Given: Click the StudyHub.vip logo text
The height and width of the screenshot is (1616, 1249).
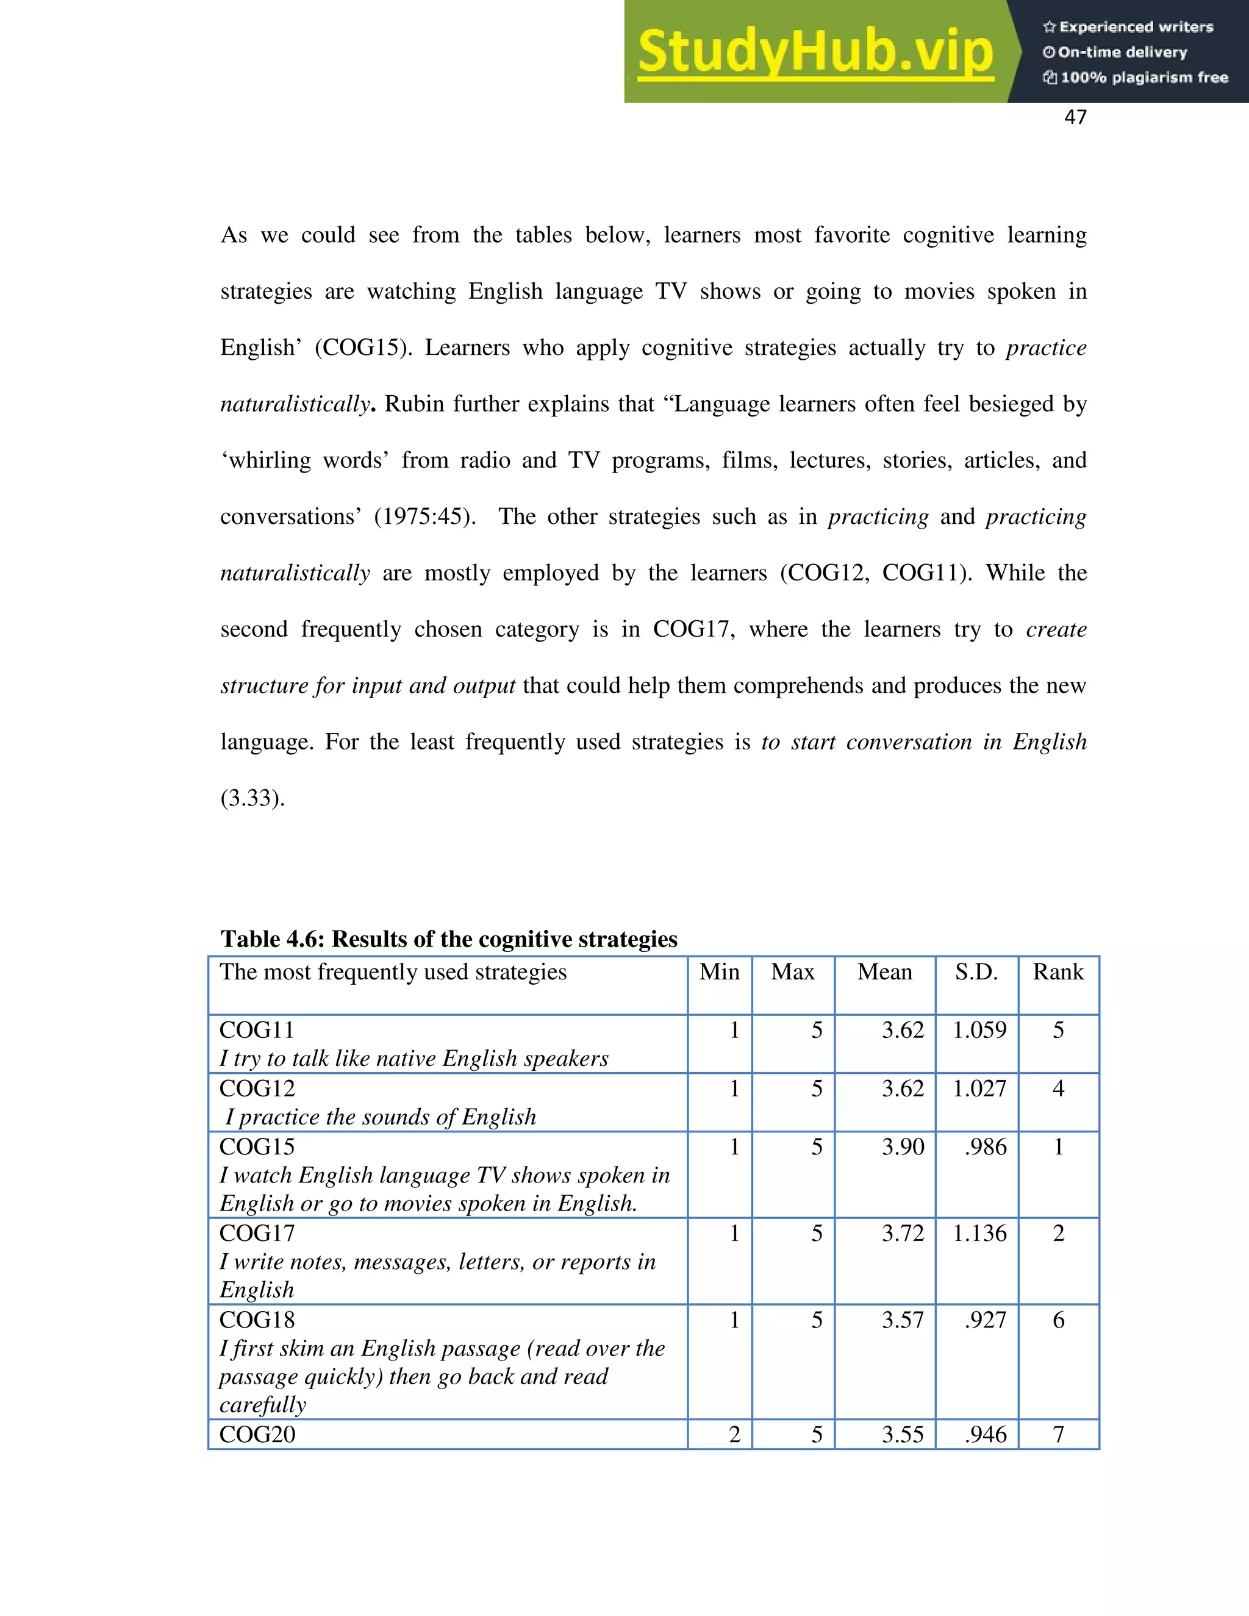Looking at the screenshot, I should pos(815,52).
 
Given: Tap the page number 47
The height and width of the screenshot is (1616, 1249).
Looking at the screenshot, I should pos(1075,117).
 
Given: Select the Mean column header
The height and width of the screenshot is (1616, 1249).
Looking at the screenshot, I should pos(884,971).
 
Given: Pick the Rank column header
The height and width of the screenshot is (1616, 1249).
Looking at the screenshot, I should pos(1058,971).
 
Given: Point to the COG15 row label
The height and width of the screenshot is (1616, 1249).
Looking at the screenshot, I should pos(257,1147).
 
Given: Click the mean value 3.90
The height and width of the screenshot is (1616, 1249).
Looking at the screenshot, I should pos(902,1147).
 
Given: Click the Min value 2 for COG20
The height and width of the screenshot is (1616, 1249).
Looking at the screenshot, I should pos(734,1435).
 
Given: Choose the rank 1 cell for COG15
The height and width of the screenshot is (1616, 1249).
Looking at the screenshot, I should pos(1058,1147).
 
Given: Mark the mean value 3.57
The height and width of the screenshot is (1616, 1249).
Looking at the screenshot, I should pos(902,1320).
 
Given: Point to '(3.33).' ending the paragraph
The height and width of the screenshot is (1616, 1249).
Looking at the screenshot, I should pos(252,798).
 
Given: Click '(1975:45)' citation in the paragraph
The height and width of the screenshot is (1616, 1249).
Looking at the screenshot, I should pos(424,517).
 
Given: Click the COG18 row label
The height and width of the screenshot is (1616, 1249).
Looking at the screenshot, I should pos(257,1320).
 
